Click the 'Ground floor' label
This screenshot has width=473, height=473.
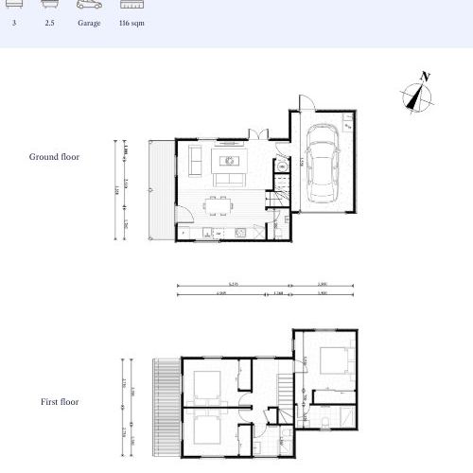55,157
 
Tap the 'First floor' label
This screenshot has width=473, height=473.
60,402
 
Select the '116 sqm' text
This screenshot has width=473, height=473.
131,23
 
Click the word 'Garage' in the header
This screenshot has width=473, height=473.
89,23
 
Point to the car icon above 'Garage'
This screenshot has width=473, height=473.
89,5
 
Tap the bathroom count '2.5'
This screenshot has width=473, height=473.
49,23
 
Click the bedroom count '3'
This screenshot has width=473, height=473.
14,23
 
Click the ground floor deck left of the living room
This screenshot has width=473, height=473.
160,189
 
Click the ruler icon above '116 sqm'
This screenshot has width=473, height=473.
131,5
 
